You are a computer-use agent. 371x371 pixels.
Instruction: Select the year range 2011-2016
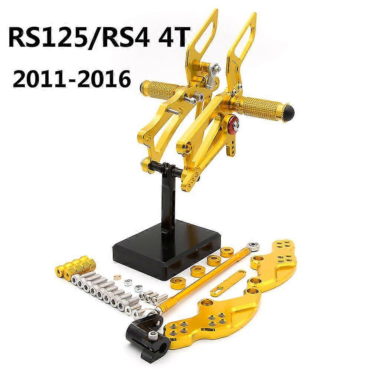[x=72, y=78]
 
